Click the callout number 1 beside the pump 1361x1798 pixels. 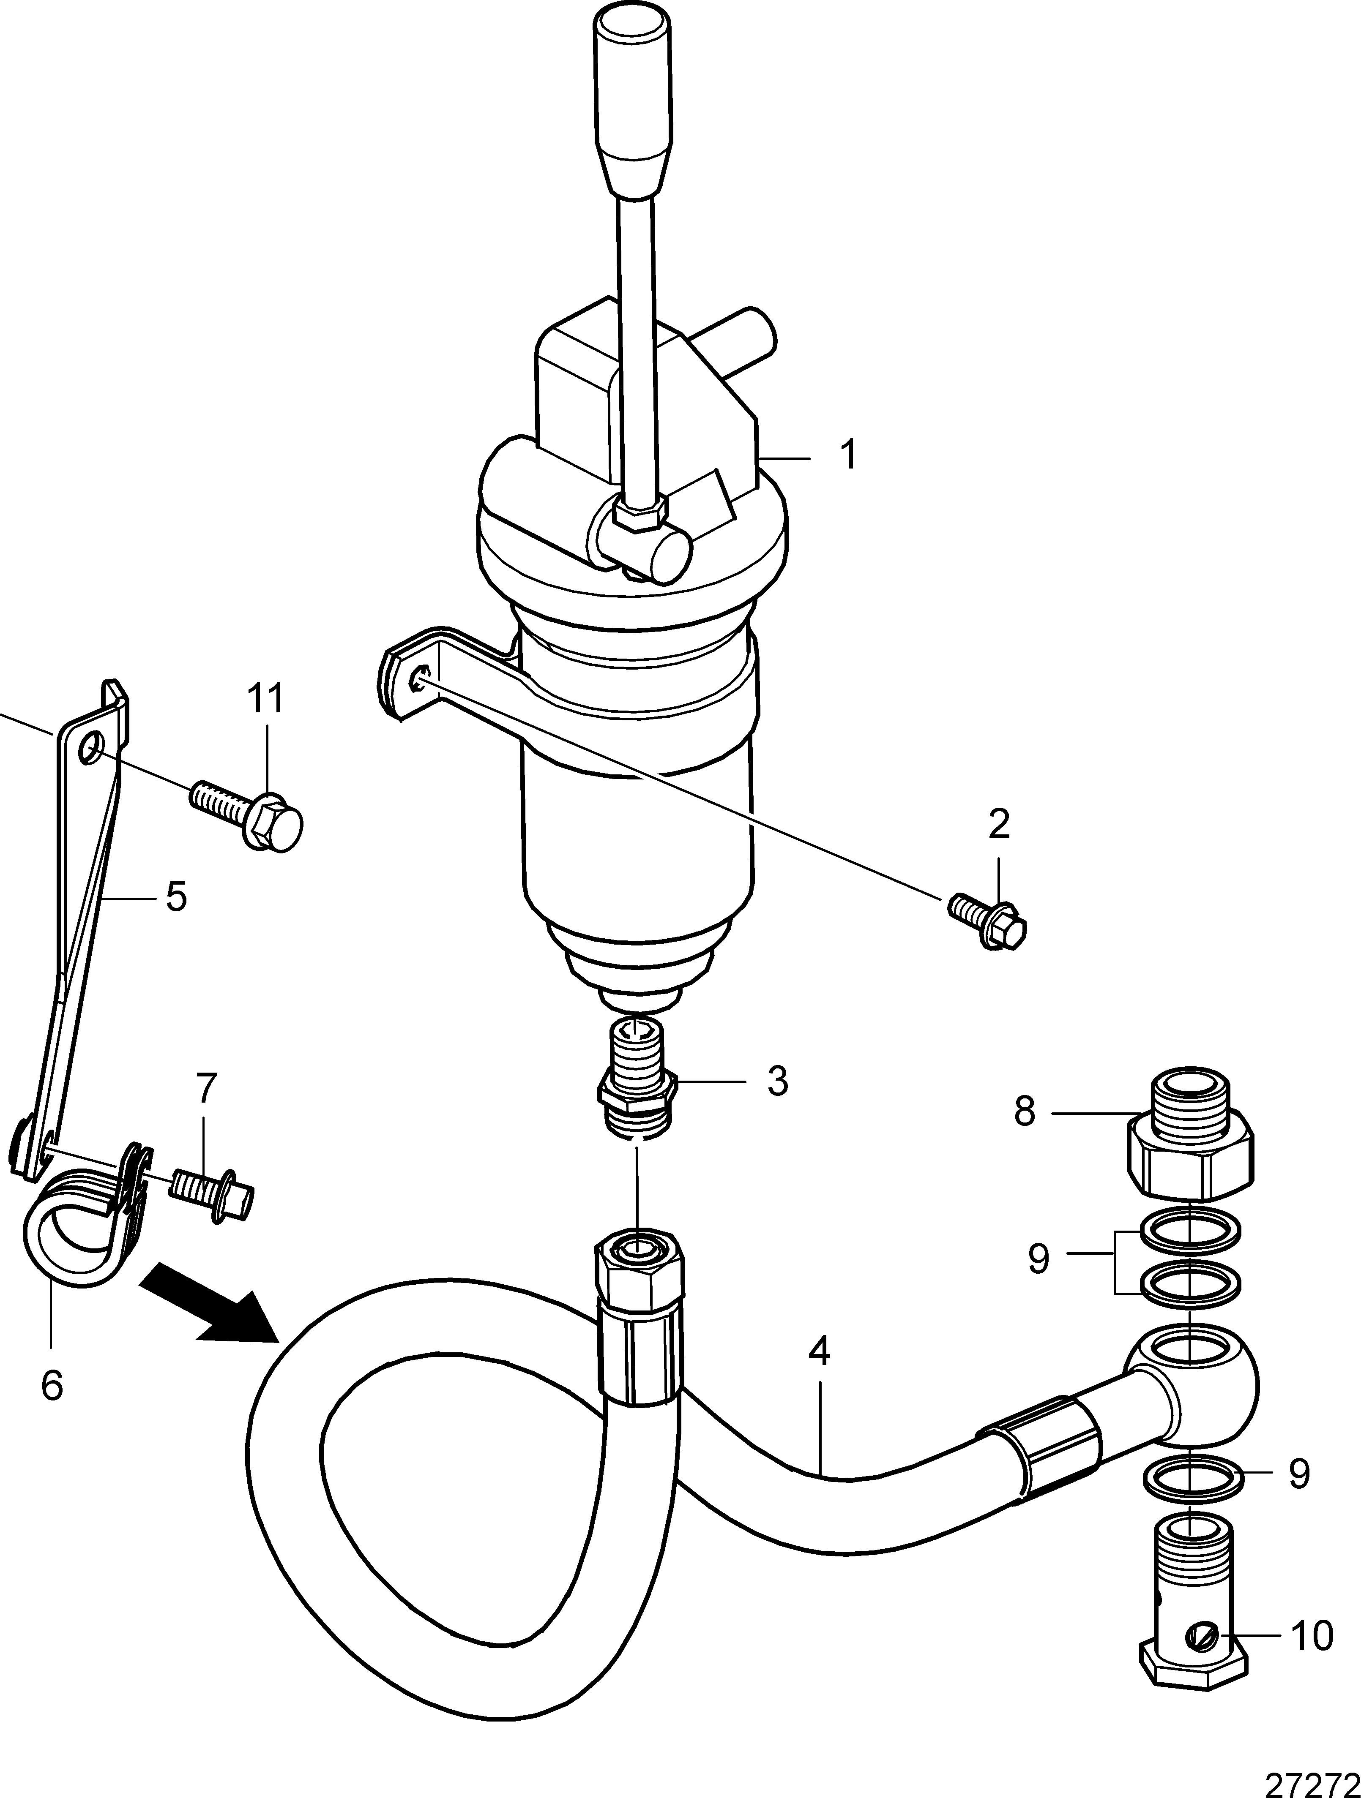[848, 455]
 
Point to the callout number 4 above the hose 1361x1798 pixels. [820, 1352]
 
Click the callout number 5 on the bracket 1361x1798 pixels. [175, 896]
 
